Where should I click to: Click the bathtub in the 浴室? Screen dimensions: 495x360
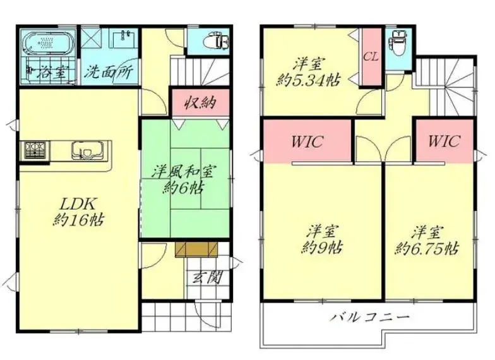pyautogui.click(x=49, y=44)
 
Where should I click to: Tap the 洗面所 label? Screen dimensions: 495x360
pyautogui.click(x=109, y=72)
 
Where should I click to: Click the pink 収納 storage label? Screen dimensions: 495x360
pyautogui.click(x=201, y=102)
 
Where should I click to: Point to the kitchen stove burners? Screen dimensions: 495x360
pyautogui.click(x=35, y=150)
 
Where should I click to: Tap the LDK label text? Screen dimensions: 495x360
pyautogui.click(x=77, y=205)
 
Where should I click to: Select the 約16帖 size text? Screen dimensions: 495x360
pyautogui.click(x=78, y=220)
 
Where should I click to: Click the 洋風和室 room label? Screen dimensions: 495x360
pyautogui.click(x=183, y=172)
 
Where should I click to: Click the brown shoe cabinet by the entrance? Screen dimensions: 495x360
pyautogui.click(x=197, y=250)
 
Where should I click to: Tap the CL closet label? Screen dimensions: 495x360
pyautogui.click(x=371, y=57)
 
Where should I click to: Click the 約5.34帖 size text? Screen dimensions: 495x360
pyautogui.click(x=308, y=81)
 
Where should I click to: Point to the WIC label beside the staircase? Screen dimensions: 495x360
pyautogui.click(x=443, y=141)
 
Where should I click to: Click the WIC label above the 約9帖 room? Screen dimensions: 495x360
pyautogui.click(x=307, y=141)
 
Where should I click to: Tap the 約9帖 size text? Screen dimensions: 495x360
pyautogui.click(x=321, y=248)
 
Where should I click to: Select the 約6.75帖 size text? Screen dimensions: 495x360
pyautogui.click(x=427, y=249)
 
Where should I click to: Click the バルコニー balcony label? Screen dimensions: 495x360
pyautogui.click(x=370, y=316)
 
